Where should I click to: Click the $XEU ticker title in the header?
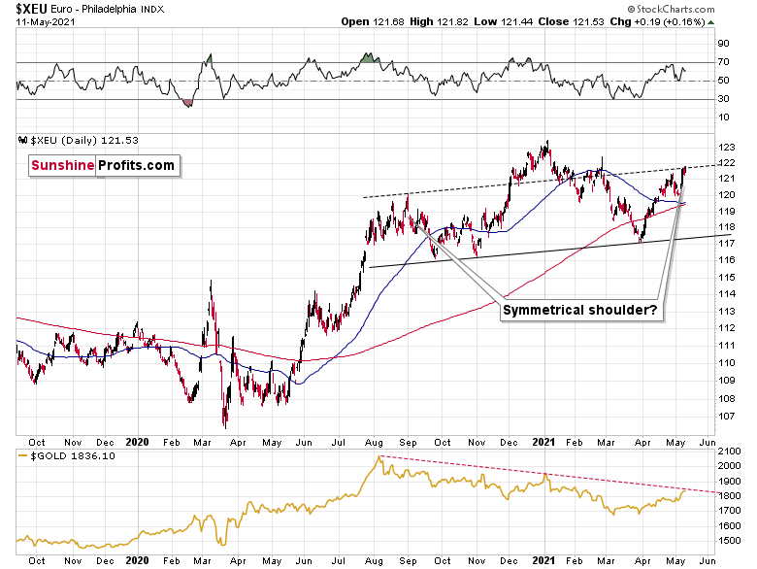coord(33,8)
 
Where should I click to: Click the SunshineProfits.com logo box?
coord(103,165)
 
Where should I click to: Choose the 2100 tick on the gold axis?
coord(730,452)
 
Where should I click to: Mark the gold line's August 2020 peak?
coord(380,457)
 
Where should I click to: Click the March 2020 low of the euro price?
coord(224,425)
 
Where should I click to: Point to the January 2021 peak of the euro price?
coord(546,143)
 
